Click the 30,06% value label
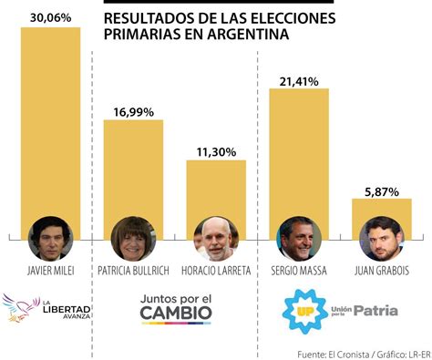click(x=50, y=16)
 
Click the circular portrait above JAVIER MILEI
click(x=50, y=239)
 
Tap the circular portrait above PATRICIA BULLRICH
click(x=133, y=239)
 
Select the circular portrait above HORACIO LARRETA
click(x=217, y=239)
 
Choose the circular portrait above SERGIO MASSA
click(x=299, y=239)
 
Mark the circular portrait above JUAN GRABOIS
click(x=382, y=239)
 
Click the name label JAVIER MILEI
click(x=50, y=271)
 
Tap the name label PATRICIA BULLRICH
click(x=133, y=271)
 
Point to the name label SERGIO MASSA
click(x=299, y=271)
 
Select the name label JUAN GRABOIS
click(x=382, y=271)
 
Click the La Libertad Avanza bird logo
click(x=20, y=309)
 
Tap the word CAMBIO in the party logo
click(x=176, y=314)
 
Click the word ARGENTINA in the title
click(x=246, y=35)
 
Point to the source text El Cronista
click(x=327, y=352)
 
